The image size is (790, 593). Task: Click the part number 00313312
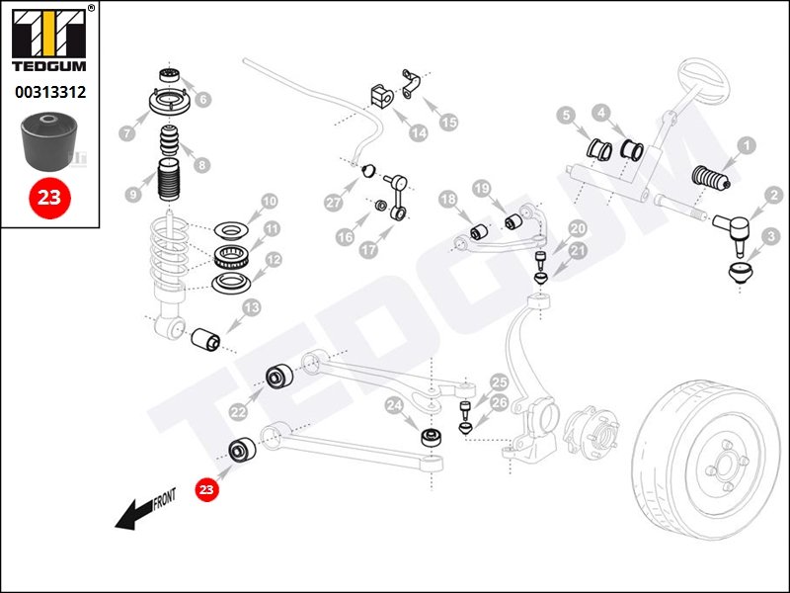[x=50, y=92]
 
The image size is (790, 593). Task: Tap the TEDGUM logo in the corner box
[x=49, y=41]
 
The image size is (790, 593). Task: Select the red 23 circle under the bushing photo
[x=49, y=198]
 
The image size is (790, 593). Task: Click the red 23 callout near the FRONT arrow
[x=206, y=489]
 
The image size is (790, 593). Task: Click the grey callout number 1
[x=747, y=146]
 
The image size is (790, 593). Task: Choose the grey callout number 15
[x=448, y=122]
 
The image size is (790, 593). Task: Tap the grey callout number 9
[x=133, y=194]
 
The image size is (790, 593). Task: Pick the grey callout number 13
[x=252, y=307]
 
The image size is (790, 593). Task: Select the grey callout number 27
[x=334, y=203]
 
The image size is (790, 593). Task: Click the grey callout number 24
[x=394, y=406]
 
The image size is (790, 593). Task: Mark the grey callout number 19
[x=482, y=189]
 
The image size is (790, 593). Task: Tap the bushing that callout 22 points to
[x=279, y=376]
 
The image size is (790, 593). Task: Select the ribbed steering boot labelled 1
[x=711, y=178]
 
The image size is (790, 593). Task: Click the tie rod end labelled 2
[x=732, y=230]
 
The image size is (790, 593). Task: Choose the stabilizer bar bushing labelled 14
[x=381, y=96]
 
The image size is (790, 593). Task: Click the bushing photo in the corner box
[x=48, y=141]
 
